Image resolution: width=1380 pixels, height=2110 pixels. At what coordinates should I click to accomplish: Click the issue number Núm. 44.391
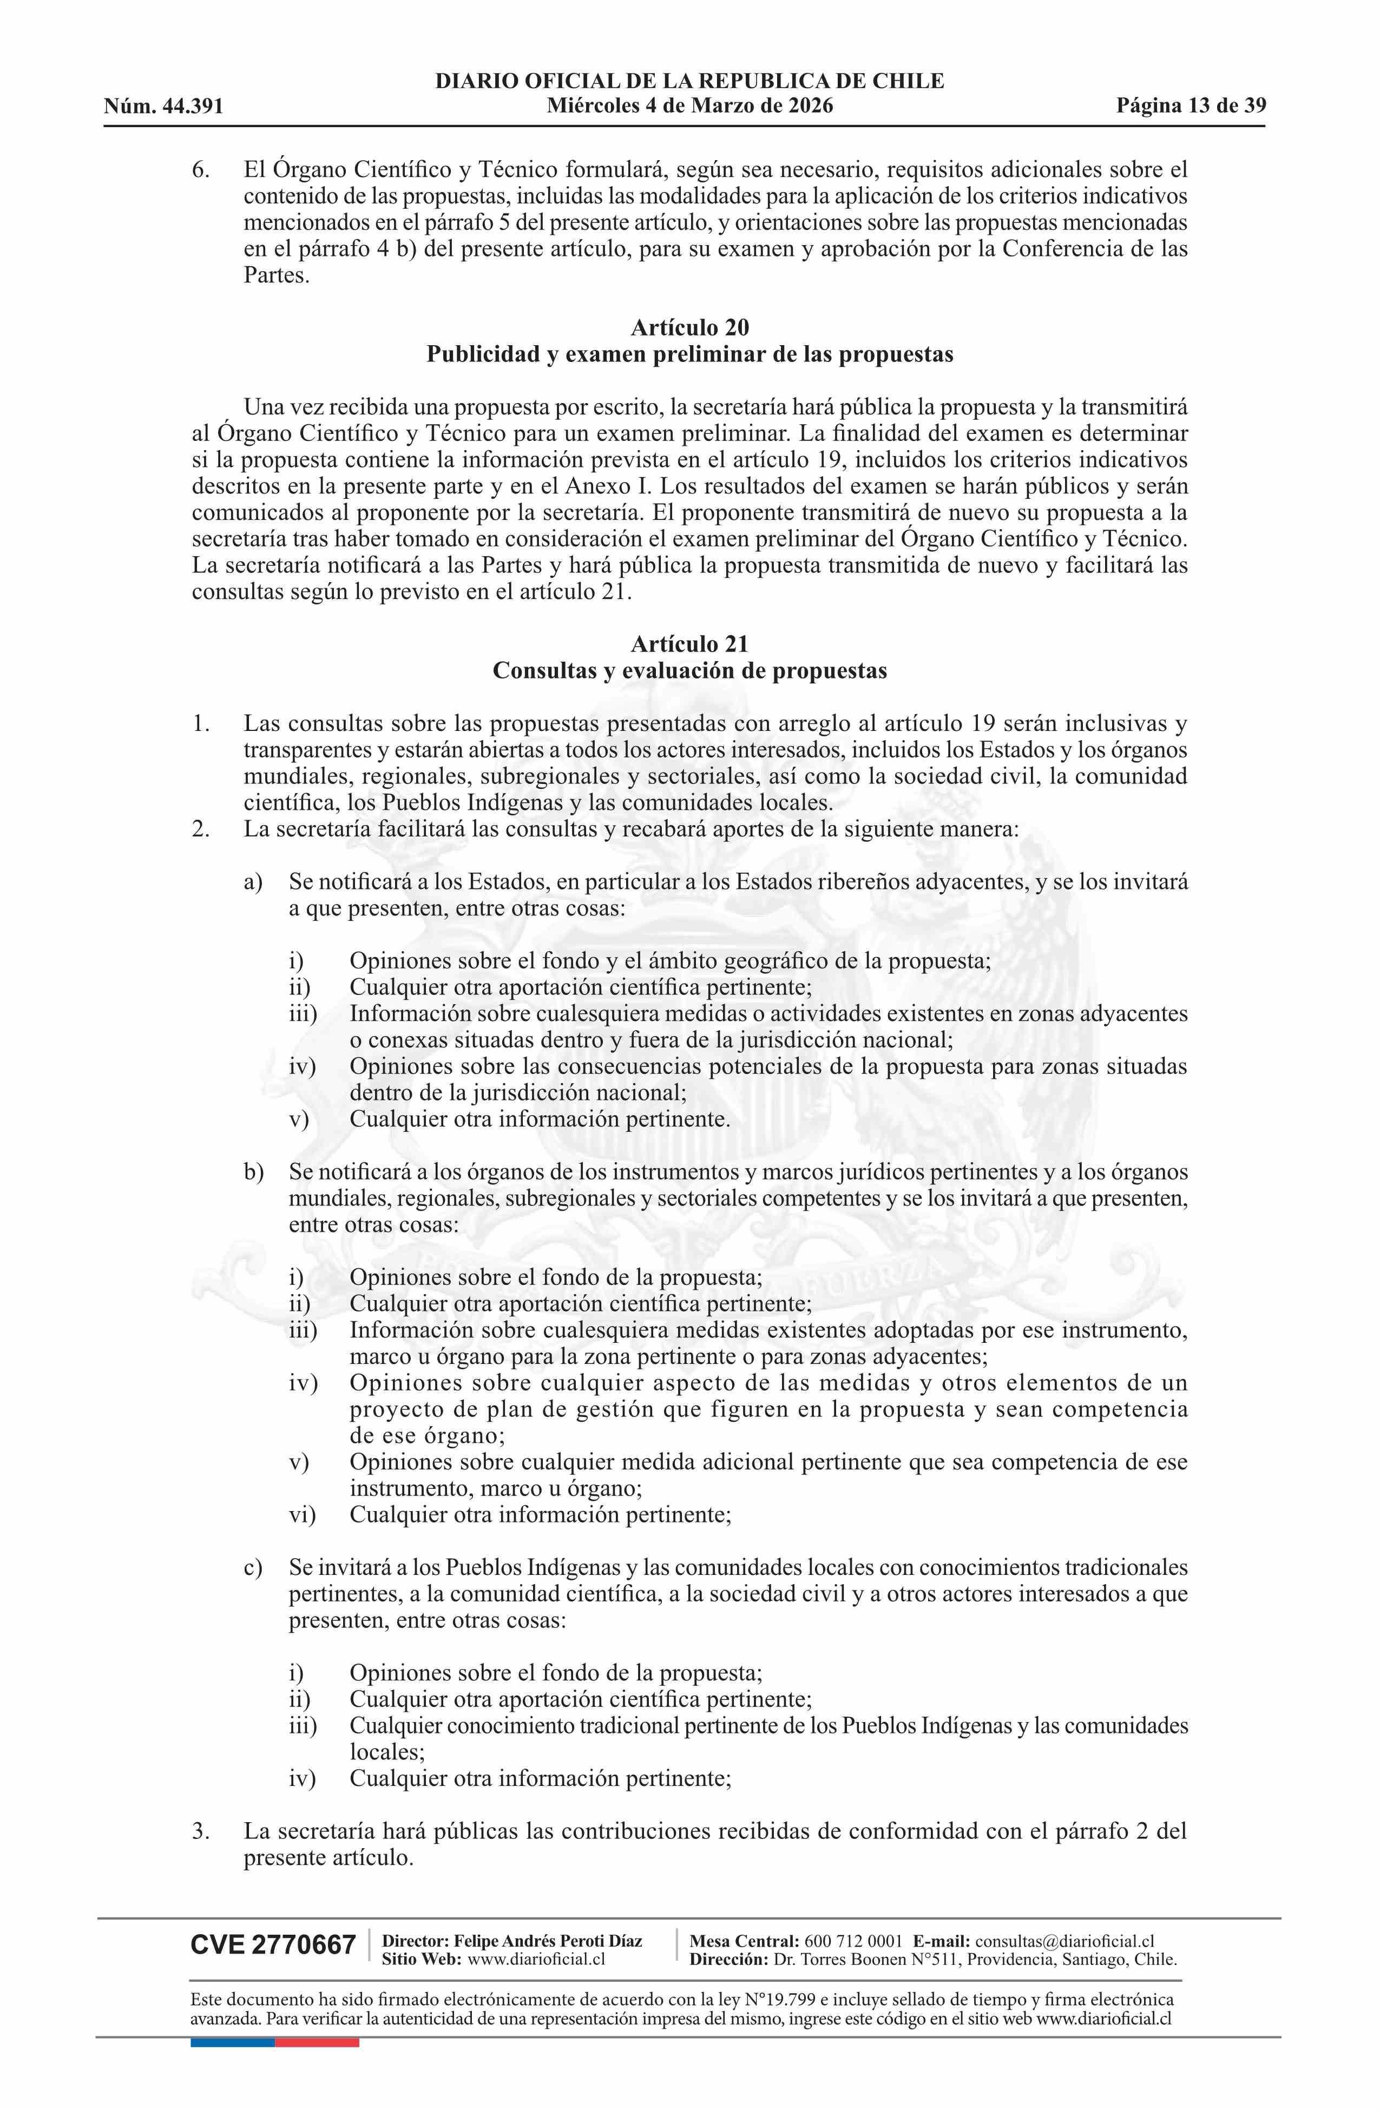[x=163, y=107]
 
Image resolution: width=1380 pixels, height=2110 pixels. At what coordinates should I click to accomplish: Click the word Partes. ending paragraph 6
[x=277, y=276]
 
